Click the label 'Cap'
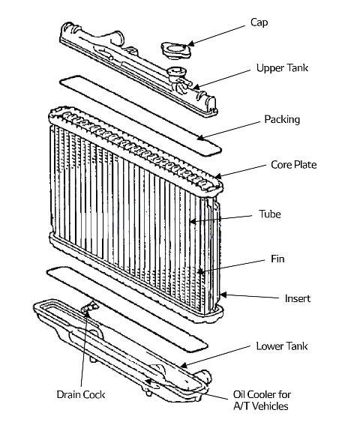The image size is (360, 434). click(x=259, y=22)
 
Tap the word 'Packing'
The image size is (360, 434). click(x=282, y=119)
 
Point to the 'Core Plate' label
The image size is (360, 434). click(x=294, y=165)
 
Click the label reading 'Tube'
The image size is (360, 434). click(x=269, y=214)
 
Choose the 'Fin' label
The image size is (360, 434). click(x=277, y=259)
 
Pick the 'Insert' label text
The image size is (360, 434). click(x=297, y=298)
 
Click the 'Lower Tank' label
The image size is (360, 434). click(x=282, y=346)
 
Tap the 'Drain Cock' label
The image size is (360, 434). click(x=80, y=394)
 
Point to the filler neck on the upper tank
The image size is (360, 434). click(x=177, y=76)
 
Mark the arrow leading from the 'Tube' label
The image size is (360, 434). click(x=225, y=218)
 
